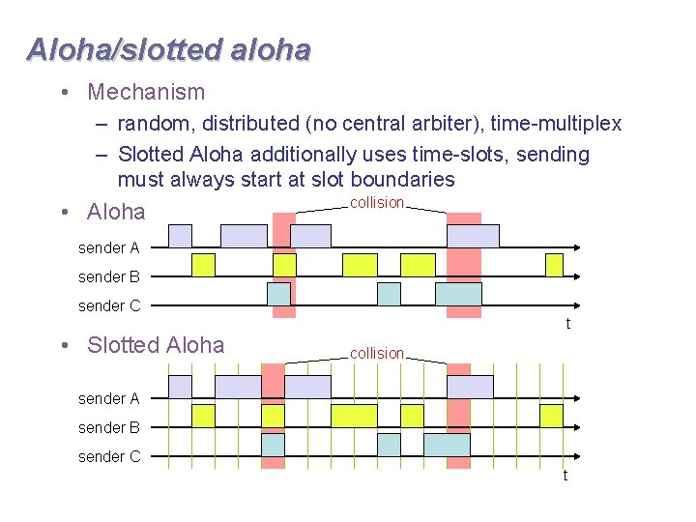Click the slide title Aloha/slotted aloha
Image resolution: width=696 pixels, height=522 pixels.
pyautogui.click(x=169, y=49)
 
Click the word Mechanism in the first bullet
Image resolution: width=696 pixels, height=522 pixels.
pyautogui.click(x=146, y=93)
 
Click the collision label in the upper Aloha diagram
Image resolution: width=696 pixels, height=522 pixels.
pyautogui.click(x=376, y=203)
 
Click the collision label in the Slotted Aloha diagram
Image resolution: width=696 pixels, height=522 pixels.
pyautogui.click(x=376, y=354)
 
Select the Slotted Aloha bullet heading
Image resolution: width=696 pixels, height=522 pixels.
pyautogui.click(x=156, y=345)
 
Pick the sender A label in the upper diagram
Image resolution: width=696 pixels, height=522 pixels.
pyautogui.click(x=108, y=248)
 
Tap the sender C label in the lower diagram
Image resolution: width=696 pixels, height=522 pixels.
pyautogui.click(x=108, y=456)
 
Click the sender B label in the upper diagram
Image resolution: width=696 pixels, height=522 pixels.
pyautogui.click(x=108, y=277)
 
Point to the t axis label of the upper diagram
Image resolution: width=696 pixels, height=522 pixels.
pyautogui.click(x=567, y=324)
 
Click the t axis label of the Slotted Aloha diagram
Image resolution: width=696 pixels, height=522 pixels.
pyautogui.click(x=565, y=476)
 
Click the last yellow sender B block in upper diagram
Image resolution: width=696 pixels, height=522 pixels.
pyautogui.click(x=554, y=265)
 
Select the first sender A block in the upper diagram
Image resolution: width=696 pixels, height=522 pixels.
pyautogui.click(x=181, y=236)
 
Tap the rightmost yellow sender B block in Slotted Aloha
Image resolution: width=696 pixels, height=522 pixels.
pyautogui.click(x=551, y=416)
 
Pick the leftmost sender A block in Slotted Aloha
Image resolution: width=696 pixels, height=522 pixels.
pyautogui.click(x=181, y=387)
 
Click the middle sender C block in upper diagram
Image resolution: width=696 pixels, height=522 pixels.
pyautogui.click(x=389, y=294)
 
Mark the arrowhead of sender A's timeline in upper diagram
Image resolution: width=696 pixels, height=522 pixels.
pyautogui.click(x=574, y=248)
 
